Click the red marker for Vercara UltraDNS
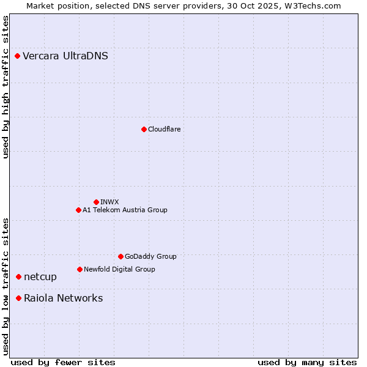tap(18, 56)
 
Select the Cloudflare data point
tap(144, 129)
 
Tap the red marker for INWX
tap(96, 202)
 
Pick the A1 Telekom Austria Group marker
tap(78, 210)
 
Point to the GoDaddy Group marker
tap(120, 256)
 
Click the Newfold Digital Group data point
tap(80, 269)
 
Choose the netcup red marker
tap(18, 277)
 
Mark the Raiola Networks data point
tap(18, 298)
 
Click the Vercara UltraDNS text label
tap(65, 56)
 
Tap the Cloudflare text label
tap(164, 129)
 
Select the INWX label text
tap(109, 202)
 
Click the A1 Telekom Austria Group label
tap(125, 210)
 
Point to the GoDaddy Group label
tap(150, 256)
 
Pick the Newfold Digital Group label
tap(119, 269)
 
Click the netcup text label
tap(40, 277)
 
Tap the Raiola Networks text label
tap(64, 298)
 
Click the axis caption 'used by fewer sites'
tap(63, 362)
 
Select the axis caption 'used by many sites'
tap(307, 362)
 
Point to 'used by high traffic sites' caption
tap(6, 87)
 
